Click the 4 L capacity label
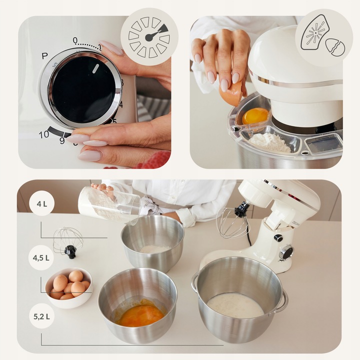pos(41,203)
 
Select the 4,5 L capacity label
pos(41,257)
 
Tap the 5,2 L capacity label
pos(41,315)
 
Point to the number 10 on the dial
pos(44,134)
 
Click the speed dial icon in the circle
pos(149,36)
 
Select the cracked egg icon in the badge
pos(334,47)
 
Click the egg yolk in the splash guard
pos(255,116)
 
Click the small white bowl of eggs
pos(69,287)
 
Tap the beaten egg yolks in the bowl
pos(141,315)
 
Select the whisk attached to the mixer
pos(233,221)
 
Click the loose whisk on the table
pos(68,240)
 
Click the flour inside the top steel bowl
pos(153,248)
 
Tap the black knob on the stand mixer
pos(286,251)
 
